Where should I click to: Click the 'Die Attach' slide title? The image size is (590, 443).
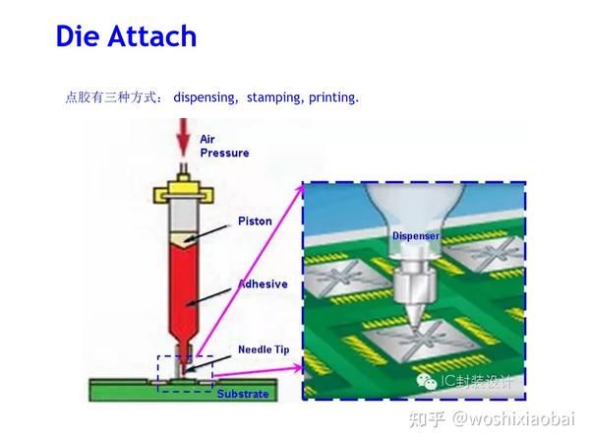(x=126, y=36)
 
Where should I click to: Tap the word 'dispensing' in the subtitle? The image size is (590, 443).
(x=206, y=97)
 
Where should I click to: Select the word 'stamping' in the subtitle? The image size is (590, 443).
(x=274, y=97)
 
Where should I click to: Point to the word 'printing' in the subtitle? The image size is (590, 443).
(x=333, y=97)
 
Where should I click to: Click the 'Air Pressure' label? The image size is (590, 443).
(x=224, y=147)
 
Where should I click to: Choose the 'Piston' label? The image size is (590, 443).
(x=253, y=221)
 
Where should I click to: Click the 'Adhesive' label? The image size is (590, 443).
(x=263, y=285)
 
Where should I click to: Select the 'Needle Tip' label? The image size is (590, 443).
(x=263, y=349)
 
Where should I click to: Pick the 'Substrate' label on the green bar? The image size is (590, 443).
(x=242, y=394)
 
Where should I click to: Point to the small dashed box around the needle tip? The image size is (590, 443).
(x=185, y=372)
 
